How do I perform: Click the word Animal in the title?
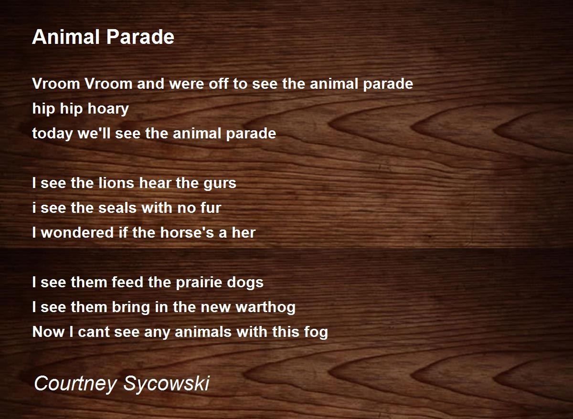(65, 37)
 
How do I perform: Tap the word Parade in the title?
(140, 37)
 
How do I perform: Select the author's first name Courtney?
(75, 384)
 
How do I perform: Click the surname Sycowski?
(167, 384)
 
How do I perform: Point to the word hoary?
(108, 109)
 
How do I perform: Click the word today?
(52, 134)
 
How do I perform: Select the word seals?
(117, 208)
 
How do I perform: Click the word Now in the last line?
(48, 332)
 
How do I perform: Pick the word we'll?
(94, 133)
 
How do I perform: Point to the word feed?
(127, 282)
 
